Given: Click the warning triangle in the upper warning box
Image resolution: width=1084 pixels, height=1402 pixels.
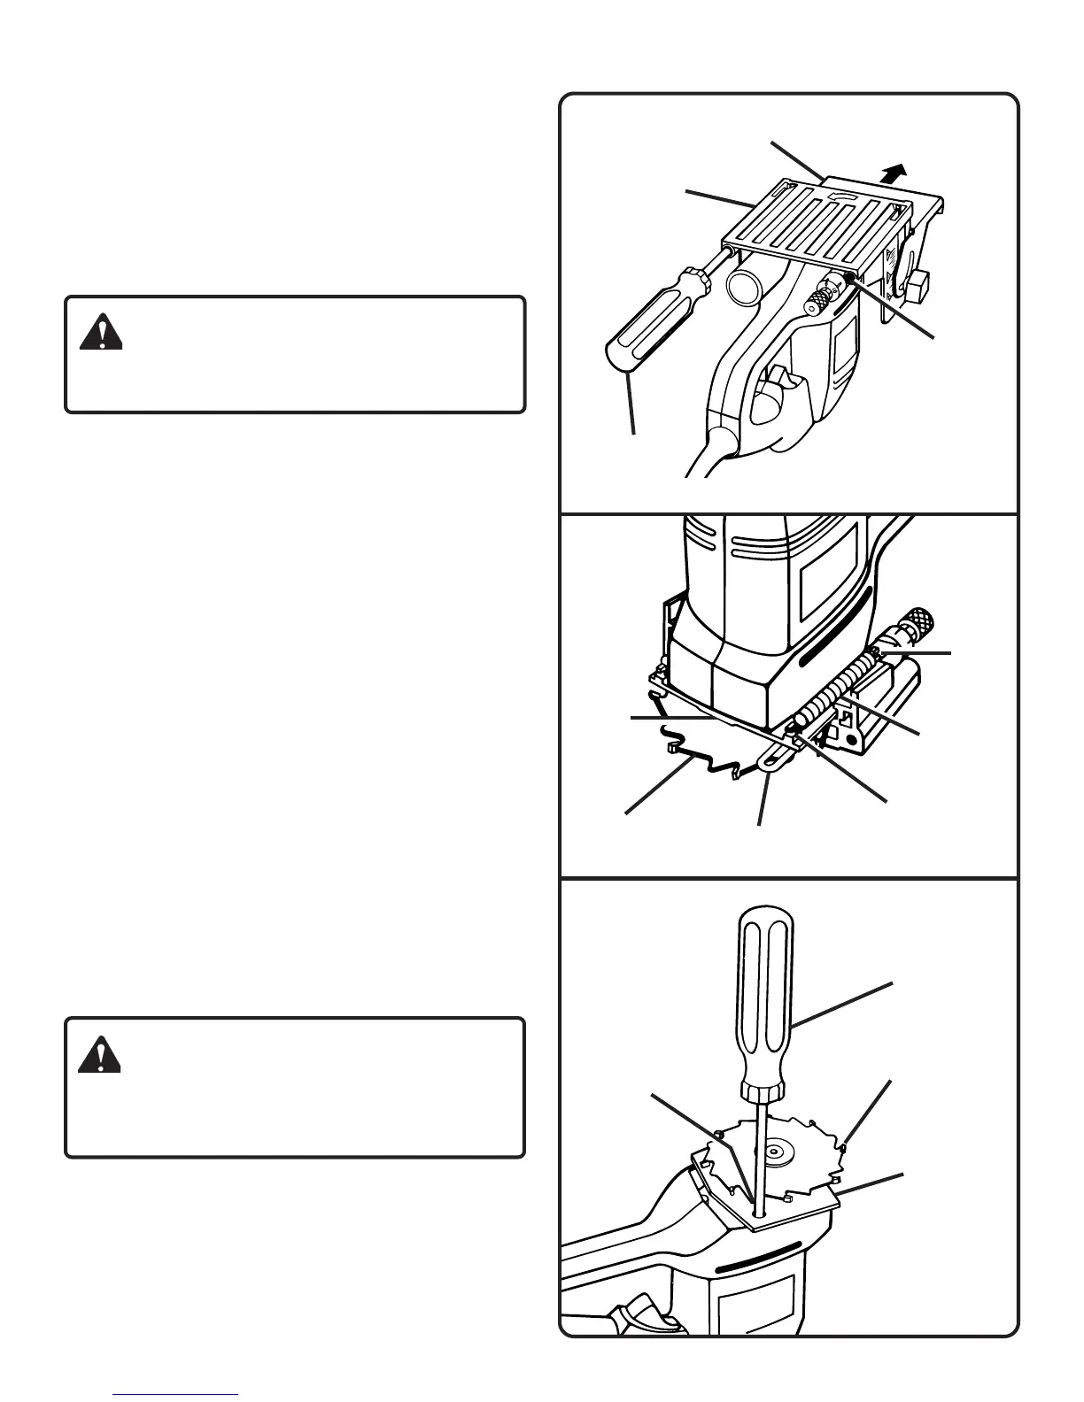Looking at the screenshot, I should [x=101, y=334].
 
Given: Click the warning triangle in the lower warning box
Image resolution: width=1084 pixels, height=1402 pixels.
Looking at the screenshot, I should [x=99, y=1055].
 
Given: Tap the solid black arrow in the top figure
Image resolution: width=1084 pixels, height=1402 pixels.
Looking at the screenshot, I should [x=896, y=172].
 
